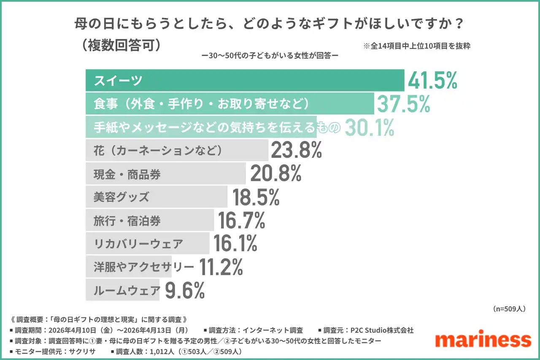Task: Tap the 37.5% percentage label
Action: pos(403,104)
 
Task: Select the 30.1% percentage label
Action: pos(370,127)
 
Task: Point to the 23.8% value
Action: pos(297,150)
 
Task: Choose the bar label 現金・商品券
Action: pos(127,174)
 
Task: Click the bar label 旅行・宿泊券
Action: pos(127,221)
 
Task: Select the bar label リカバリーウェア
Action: pos(138,244)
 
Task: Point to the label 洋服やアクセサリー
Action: pos(144,267)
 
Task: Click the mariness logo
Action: pos(483,339)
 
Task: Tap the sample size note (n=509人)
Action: pos(509,309)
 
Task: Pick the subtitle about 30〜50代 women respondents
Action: pos(270,55)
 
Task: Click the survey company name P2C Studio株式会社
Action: pos(379,330)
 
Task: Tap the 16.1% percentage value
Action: pos(235,244)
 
